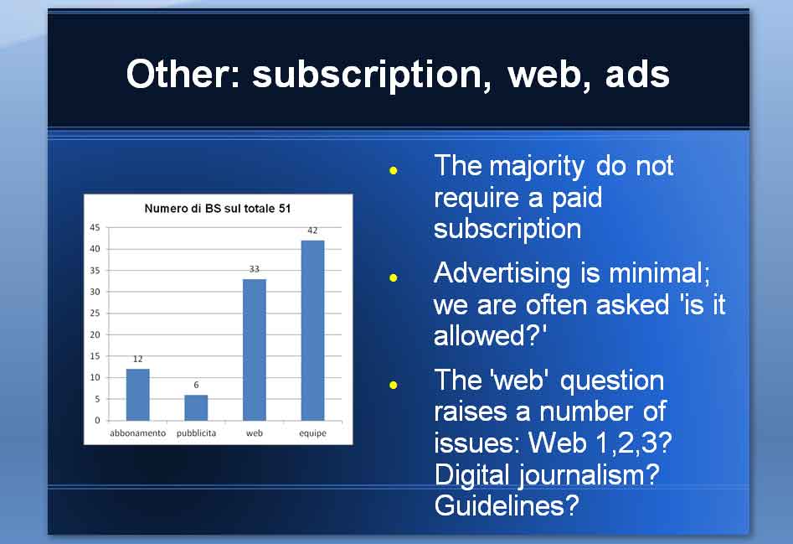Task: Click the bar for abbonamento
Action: click(137, 395)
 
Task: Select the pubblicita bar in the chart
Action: click(196, 407)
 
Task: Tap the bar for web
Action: click(255, 350)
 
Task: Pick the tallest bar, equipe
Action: click(312, 330)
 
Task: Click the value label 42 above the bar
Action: click(312, 231)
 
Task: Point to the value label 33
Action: click(255, 269)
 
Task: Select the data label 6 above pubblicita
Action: click(196, 385)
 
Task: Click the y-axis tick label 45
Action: click(95, 228)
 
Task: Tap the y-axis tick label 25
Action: click(95, 313)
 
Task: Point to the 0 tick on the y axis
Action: click(98, 420)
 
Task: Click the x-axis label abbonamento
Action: click(137, 433)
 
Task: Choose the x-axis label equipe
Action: click(312, 433)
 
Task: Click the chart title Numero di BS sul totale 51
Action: click(218, 209)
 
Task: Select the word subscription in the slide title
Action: click(372, 75)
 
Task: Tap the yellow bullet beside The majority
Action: click(394, 170)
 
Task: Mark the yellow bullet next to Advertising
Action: click(394, 277)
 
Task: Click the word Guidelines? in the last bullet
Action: click(507, 505)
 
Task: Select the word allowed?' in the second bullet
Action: click(490, 335)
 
